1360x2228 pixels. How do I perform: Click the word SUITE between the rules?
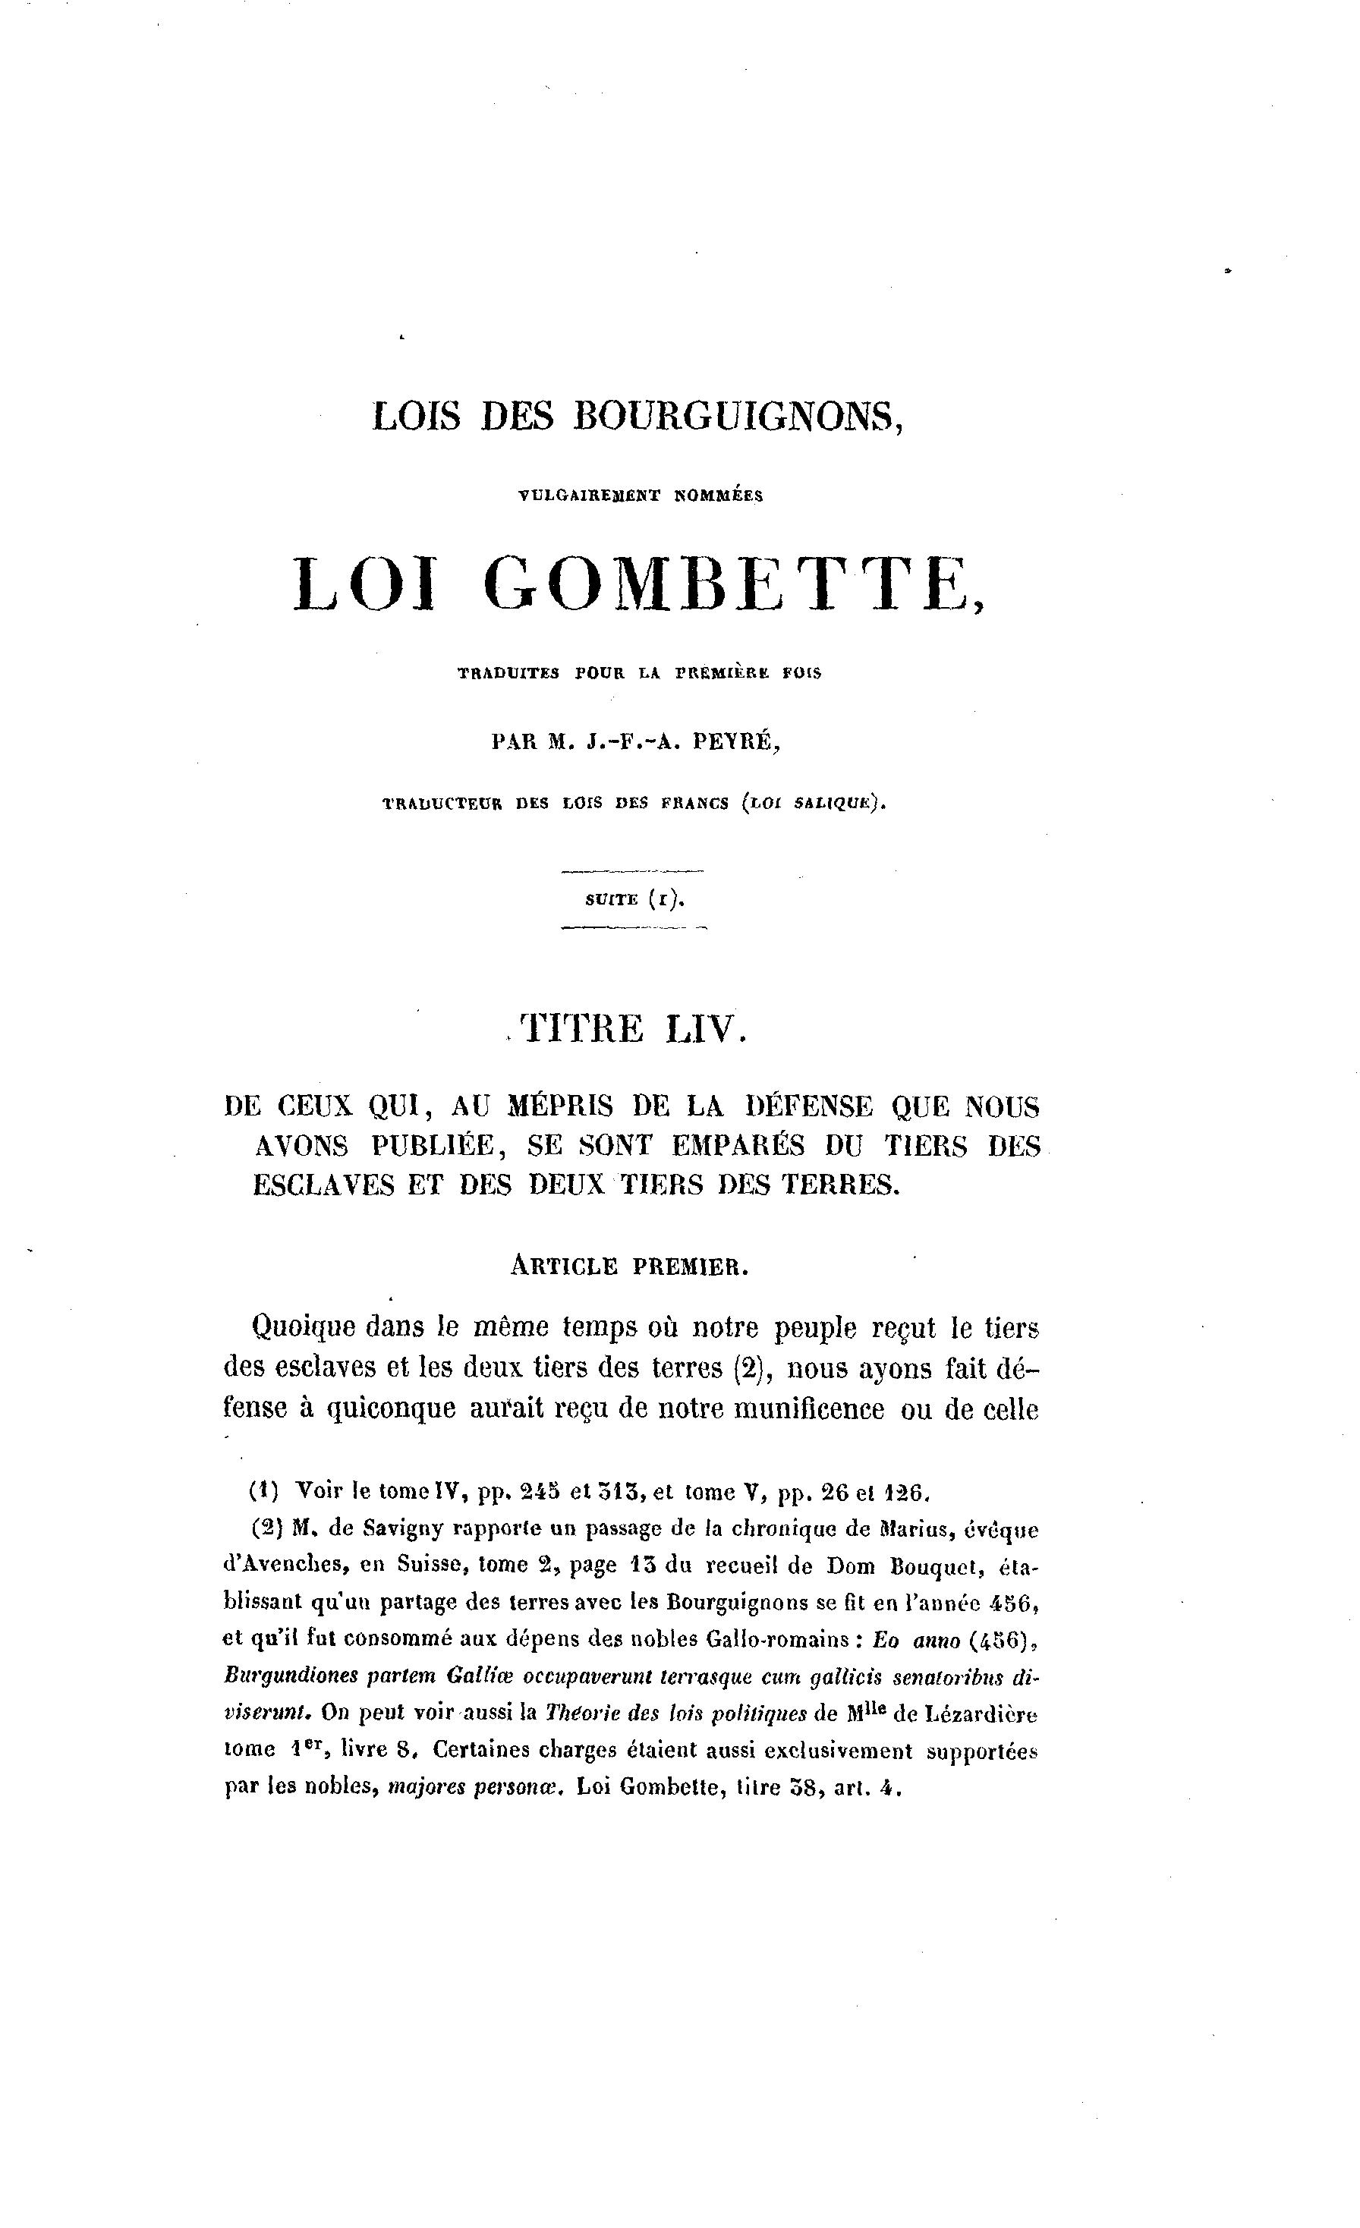click(x=611, y=900)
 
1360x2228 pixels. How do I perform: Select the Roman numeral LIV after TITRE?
click(x=707, y=1029)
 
